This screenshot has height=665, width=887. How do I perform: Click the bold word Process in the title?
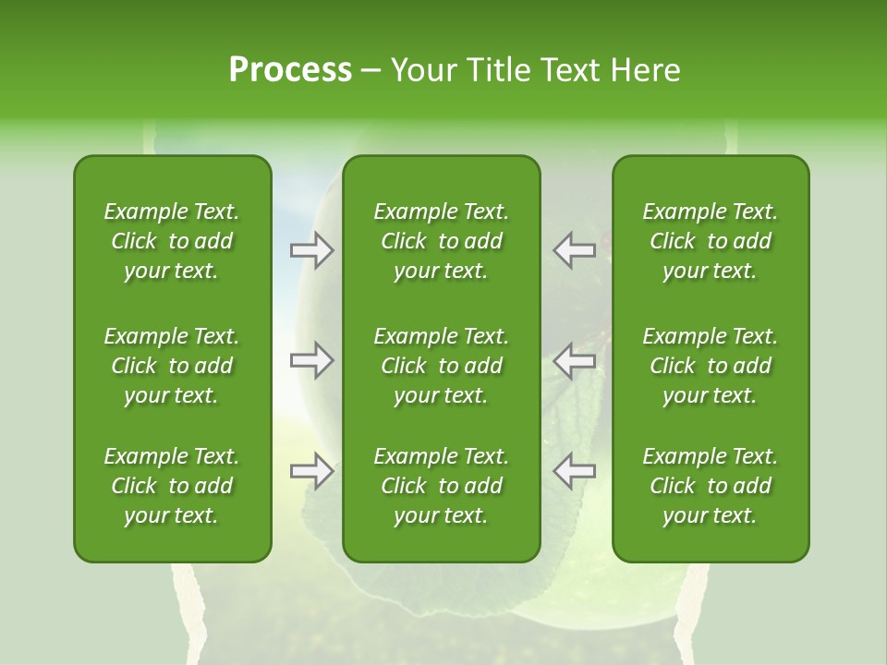click(290, 70)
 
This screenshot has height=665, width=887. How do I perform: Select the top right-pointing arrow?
click(312, 250)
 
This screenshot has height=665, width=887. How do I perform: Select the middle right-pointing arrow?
click(312, 360)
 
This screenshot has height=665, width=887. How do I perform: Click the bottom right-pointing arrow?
click(312, 470)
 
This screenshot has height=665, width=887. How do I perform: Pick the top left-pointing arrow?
click(575, 250)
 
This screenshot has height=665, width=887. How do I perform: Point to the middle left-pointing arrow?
click(575, 360)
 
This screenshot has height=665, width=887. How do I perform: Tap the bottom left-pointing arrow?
click(575, 470)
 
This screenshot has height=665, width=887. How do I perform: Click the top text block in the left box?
click(172, 241)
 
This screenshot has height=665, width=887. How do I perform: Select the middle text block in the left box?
click(172, 366)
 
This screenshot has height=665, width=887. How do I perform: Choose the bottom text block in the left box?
click(172, 486)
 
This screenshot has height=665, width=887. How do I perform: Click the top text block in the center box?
click(441, 241)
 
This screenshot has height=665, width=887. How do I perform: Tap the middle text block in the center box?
click(441, 366)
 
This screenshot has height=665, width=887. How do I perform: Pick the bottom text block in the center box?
click(441, 486)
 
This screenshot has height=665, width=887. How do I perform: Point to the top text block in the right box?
click(710, 241)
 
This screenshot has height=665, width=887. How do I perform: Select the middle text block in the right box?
click(710, 366)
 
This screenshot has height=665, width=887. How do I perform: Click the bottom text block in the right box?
click(710, 486)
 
